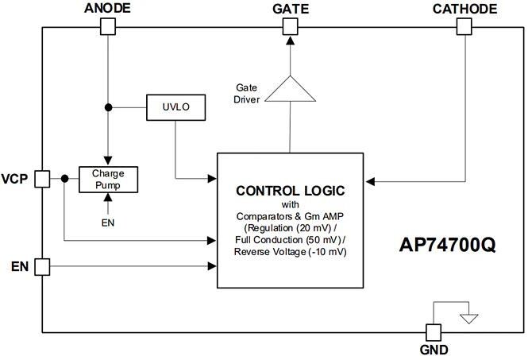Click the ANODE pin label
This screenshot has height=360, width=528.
coord(107,9)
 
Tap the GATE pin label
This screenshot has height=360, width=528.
coord(291,9)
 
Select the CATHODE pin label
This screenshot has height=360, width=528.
coord(465,9)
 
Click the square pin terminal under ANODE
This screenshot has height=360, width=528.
coord(108,26)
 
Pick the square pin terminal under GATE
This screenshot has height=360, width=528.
coord(291,26)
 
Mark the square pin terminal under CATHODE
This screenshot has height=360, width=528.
coord(465,26)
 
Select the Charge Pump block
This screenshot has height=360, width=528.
coord(108,180)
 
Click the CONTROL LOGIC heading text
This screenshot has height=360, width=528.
coord(290,191)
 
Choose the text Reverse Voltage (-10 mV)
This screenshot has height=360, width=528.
coord(291,252)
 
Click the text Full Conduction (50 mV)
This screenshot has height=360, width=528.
coord(291,240)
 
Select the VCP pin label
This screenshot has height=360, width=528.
coord(16,179)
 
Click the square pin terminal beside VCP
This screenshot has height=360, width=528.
coord(43,179)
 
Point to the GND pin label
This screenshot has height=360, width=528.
coord(434,350)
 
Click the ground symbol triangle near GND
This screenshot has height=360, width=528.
coord(470,319)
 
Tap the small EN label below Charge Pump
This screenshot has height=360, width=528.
coord(108,223)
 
